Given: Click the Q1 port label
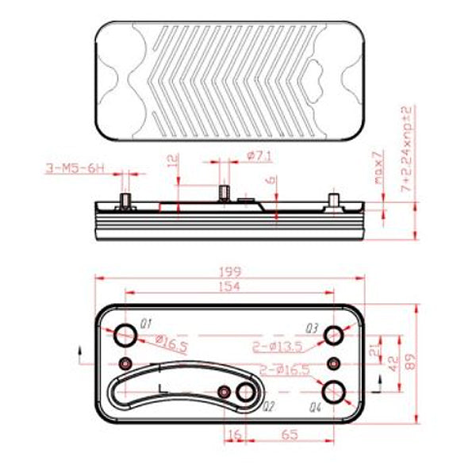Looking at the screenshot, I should (145, 324).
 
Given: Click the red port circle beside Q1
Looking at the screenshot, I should (125, 336).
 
